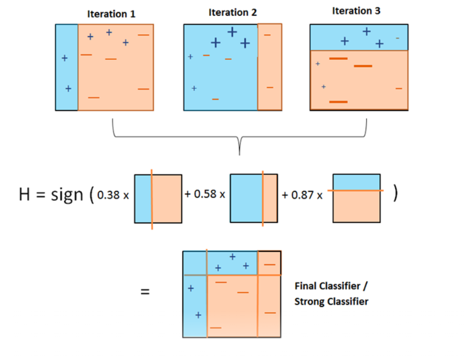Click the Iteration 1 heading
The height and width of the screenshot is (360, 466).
pos(111,14)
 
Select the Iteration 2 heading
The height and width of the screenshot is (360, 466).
pos(233,13)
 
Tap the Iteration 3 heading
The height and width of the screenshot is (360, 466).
pos(356,11)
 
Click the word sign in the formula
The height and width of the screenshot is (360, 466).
pos(66,194)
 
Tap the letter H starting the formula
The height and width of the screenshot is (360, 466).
pos(25,194)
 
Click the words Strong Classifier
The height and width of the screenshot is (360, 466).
pos(331,302)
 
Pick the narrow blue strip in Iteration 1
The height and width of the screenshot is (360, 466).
pos(66,67)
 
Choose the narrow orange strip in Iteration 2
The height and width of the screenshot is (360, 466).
pos(270,67)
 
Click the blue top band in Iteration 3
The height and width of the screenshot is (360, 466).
pos(359,37)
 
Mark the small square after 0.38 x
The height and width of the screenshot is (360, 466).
pos(158,199)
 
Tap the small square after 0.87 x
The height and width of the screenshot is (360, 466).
pos(357,198)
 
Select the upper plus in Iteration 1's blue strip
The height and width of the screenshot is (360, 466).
pos(65,58)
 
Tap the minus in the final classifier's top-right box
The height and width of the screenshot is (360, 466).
pos(270,264)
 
